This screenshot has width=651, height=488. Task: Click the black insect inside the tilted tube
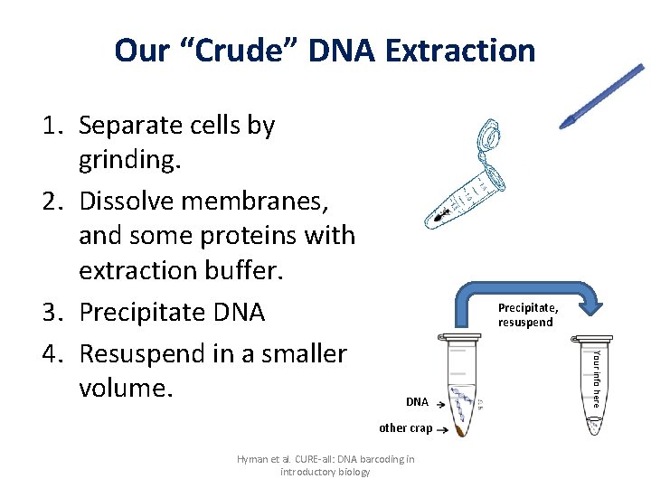439,217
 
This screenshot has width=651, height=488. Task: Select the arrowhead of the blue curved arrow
590,304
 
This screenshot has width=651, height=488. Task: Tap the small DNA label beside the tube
417,401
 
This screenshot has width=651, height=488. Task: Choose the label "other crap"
405,427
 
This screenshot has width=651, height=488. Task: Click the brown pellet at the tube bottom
461,432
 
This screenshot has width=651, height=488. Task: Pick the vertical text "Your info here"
596,377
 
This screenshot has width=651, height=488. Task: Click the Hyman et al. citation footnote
325,465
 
